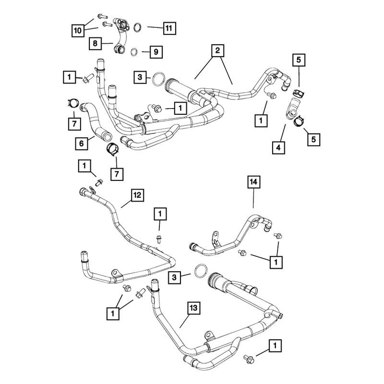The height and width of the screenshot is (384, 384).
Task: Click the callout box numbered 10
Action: pyautogui.click(x=78, y=31)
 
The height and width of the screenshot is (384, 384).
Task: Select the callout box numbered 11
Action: pyautogui.click(x=169, y=28)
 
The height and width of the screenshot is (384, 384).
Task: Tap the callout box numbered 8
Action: pyautogui.click(x=95, y=44)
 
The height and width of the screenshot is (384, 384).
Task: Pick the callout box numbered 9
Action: pyautogui.click(x=156, y=52)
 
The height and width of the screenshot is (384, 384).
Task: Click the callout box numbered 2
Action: pyautogui.click(x=218, y=51)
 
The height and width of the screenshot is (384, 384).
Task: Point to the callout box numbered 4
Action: pyautogui.click(x=278, y=148)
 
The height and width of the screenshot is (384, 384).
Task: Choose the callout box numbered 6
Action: pyautogui.click(x=82, y=143)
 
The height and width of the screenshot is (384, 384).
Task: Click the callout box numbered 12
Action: pyautogui.click(x=137, y=195)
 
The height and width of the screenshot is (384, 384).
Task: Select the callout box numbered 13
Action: pyautogui.click(x=194, y=308)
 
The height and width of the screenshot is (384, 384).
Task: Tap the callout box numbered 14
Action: pyautogui.click(x=254, y=182)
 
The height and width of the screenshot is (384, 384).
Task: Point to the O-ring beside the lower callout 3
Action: pyautogui.click(x=201, y=271)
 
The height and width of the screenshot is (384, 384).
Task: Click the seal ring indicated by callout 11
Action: pyautogui.click(x=138, y=27)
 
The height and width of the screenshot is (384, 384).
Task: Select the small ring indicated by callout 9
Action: pyautogui.click(x=134, y=52)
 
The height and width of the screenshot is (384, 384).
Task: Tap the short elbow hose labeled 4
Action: pyautogui.click(x=291, y=109)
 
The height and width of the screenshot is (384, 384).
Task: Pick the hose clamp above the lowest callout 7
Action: pyautogui.click(x=112, y=149)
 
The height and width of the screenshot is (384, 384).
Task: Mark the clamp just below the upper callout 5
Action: pyautogui.click(x=299, y=93)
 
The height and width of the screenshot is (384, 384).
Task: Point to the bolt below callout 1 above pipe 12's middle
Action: pyautogui.click(x=159, y=239)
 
